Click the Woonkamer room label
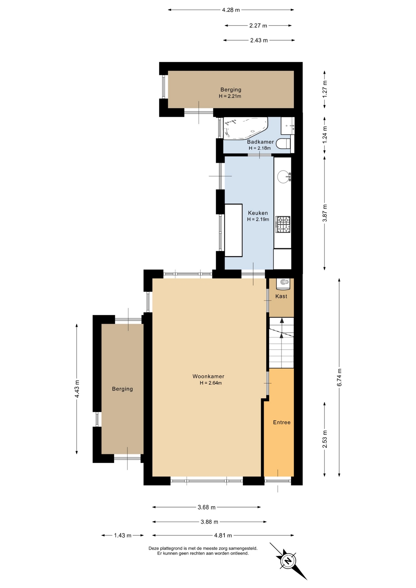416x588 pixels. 208,376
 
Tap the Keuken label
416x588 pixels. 258,213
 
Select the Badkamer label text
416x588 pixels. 260,142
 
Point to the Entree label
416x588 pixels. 282,422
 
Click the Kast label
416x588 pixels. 281,296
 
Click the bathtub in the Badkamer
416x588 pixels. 246,128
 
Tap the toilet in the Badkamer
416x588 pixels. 283,143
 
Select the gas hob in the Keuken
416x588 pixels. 283,224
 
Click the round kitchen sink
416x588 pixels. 283,177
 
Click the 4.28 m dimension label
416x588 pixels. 231,10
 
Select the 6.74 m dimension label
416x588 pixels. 339,378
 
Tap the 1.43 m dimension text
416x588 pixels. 123,535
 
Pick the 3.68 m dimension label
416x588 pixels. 206,507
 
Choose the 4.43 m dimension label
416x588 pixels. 77,389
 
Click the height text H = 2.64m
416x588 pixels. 211,383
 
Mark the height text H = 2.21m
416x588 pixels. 230,96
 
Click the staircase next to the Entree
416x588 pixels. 281,343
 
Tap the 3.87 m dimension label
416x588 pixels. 325,213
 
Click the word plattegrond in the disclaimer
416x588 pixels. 169,548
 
